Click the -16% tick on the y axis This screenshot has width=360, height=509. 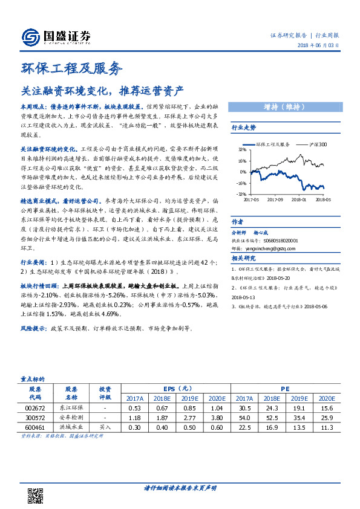coord(241,183)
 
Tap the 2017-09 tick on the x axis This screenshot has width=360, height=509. coord(276,198)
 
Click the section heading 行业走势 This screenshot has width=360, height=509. coord(244,128)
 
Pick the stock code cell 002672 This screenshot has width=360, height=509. coord(34,408)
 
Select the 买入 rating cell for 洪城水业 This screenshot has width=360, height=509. coord(105,427)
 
